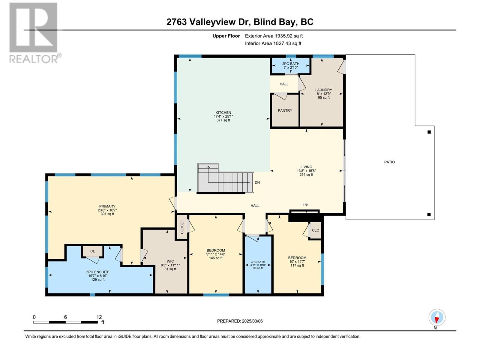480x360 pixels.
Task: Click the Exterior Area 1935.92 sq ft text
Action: point(274,36)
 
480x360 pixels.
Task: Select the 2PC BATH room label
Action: point(290,64)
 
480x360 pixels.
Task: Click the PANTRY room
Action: point(285,111)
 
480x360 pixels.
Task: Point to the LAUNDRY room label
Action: point(323,90)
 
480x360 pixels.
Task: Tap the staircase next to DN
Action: point(225,180)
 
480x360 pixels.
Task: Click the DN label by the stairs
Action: point(257,182)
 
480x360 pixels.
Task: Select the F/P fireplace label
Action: point(305,205)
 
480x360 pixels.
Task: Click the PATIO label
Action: point(389,162)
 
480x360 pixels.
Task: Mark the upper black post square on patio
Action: point(429,132)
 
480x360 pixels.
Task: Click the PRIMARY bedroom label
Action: point(107,206)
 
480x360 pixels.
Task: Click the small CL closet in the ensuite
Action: point(92,251)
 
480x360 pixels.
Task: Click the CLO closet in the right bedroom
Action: point(315,230)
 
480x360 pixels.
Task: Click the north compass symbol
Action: point(437,317)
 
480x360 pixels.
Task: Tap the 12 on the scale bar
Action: point(99,317)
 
